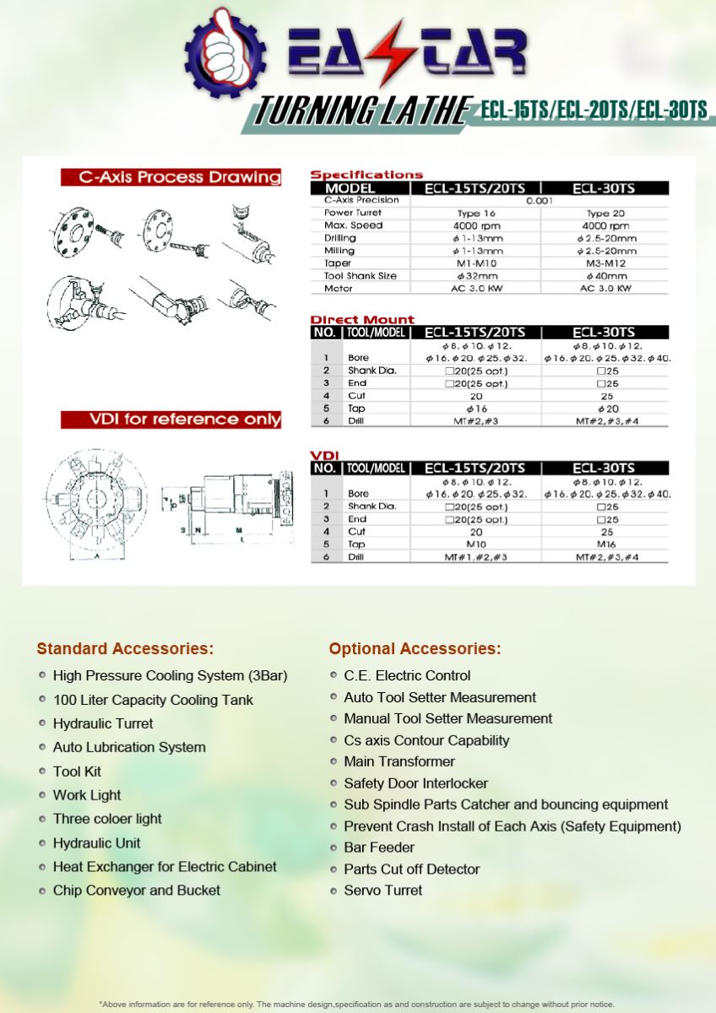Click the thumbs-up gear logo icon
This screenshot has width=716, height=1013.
[224, 49]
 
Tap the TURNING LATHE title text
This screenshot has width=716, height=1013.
[363, 111]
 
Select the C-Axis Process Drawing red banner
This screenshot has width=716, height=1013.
[171, 177]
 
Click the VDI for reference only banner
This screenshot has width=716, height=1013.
[171, 420]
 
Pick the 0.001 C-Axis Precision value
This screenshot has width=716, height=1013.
[540, 201]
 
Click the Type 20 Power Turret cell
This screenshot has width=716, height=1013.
[605, 214]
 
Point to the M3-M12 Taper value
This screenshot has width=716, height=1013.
[605, 263]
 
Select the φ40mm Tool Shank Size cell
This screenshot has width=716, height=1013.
[605, 276]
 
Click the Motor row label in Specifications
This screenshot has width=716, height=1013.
[339, 289]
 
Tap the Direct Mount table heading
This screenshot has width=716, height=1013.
[362, 319]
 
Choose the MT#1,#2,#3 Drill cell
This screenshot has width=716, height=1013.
[475, 558]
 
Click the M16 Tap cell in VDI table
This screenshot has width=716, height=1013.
[605, 544]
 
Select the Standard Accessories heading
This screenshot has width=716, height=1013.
[125, 649]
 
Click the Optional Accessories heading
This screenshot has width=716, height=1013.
[415, 649]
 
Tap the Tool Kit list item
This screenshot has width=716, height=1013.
[77, 772]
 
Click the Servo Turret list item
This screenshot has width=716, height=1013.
[383, 891]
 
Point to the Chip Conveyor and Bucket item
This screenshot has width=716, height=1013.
[136, 891]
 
